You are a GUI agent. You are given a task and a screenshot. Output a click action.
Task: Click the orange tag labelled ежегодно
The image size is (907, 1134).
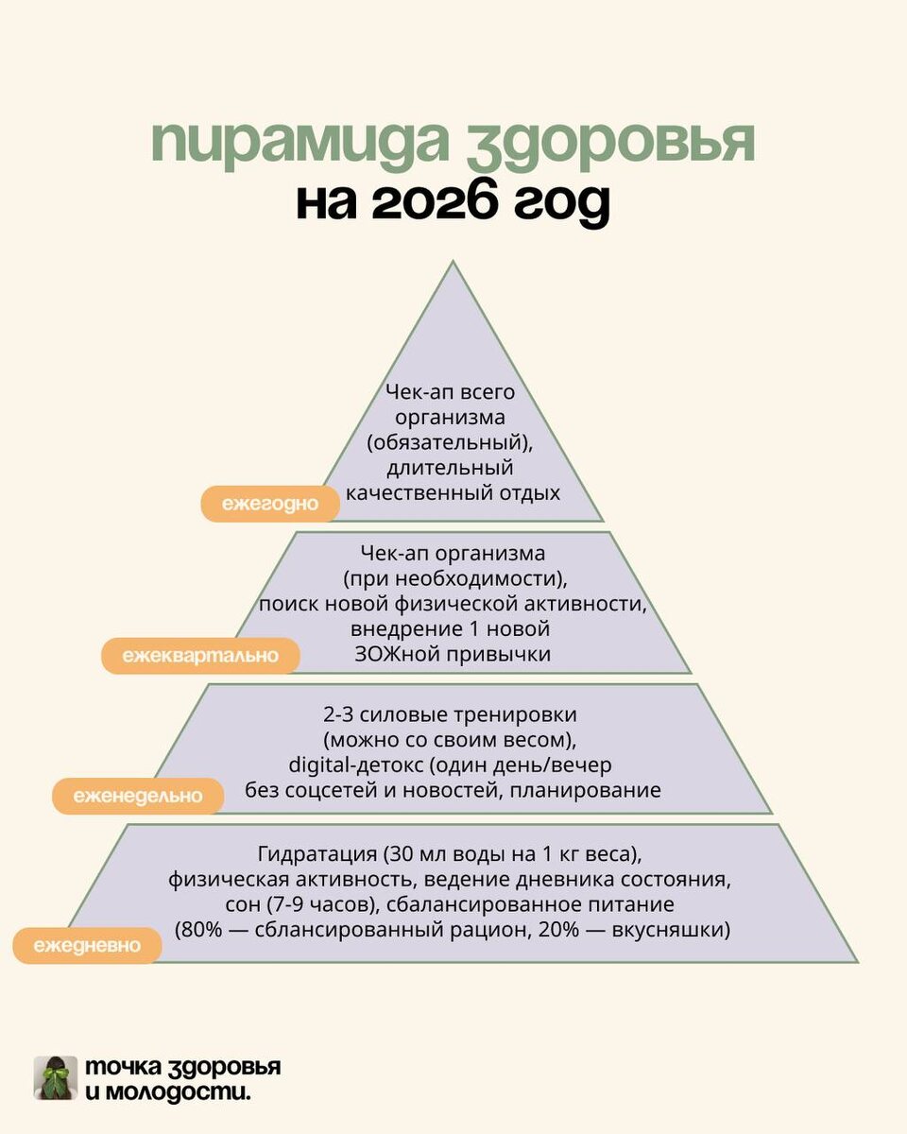pos(270,505)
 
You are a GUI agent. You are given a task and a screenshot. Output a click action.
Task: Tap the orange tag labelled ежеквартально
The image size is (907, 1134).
pos(200,655)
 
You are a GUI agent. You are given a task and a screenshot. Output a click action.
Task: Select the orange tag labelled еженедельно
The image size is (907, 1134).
pos(138,796)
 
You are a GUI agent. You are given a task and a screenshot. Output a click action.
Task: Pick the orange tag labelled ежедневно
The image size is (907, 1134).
pos(87,944)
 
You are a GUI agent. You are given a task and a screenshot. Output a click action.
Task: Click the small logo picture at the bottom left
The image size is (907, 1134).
pos(56,1078)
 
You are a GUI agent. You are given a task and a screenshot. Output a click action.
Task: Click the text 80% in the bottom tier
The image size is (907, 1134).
pos(200,929)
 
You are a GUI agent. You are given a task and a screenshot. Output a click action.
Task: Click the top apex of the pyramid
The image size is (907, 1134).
pos(453,264)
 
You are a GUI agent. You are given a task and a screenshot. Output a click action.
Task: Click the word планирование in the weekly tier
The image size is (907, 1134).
pos(585,790)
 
